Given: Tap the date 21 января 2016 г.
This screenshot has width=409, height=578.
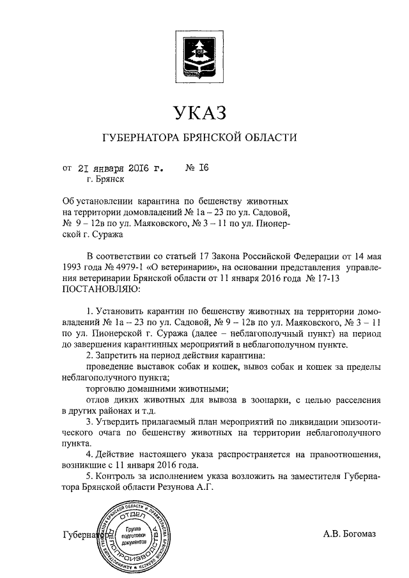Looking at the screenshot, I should point(120,169).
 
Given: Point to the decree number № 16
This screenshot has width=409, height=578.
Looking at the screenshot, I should point(197,169).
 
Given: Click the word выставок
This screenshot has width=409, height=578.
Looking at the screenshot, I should point(154,367).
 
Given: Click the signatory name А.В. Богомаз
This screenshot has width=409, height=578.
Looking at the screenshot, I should point(350,533).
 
